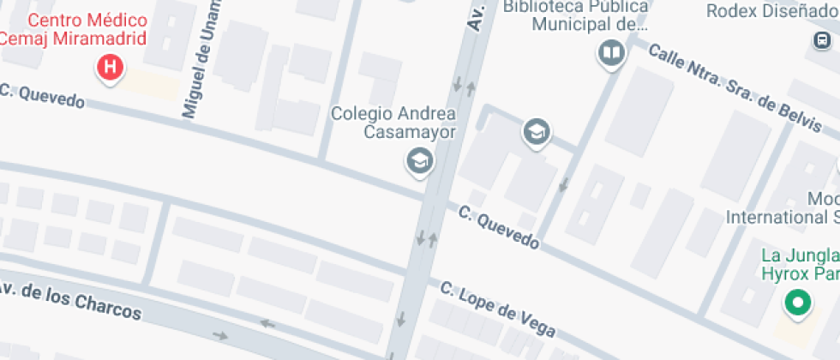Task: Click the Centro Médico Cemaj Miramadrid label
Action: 73,29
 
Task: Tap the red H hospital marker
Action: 110,67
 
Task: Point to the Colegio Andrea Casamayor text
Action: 393,122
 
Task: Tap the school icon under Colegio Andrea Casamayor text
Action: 418,160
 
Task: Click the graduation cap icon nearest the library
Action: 537,132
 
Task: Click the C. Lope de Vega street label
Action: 498,309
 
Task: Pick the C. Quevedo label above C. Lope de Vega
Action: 498,228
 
